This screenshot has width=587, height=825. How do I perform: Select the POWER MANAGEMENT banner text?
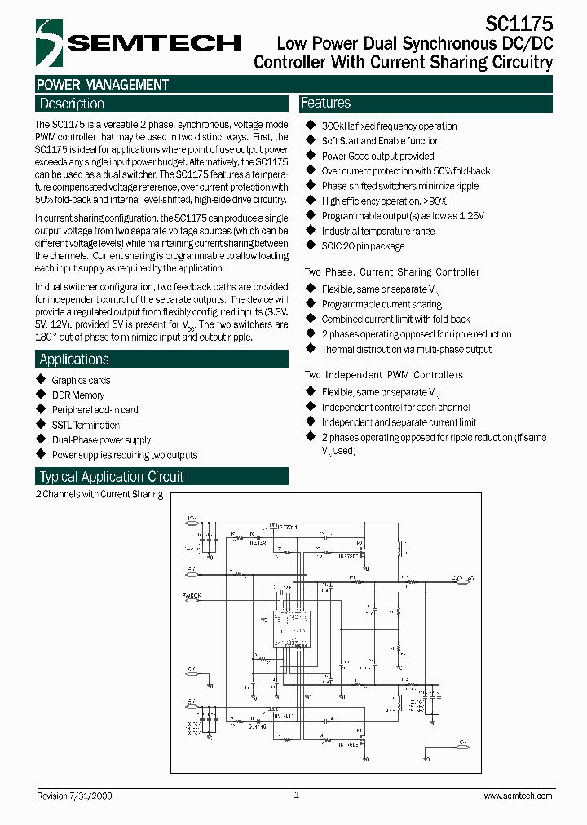(103, 85)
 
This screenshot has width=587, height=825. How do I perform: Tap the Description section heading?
(72, 104)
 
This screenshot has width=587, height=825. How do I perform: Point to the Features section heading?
(325, 103)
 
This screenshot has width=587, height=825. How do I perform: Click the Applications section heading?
(73, 360)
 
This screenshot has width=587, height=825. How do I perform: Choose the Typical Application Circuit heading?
(112, 477)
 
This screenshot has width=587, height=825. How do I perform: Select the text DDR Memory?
(78, 395)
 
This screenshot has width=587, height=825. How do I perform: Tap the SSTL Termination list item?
(86, 425)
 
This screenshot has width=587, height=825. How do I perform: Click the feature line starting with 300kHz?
(389, 126)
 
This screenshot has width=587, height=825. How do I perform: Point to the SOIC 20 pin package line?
(363, 245)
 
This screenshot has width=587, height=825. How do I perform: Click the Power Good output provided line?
(377, 156)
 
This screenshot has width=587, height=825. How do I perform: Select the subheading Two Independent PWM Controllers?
(383, 375)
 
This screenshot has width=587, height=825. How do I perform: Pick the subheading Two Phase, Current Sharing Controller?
(391, 272)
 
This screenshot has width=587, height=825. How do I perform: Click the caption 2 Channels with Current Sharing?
(99, 494)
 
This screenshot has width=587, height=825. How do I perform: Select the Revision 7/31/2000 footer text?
(75, 796)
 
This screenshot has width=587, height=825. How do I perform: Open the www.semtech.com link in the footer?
(518, 796)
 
